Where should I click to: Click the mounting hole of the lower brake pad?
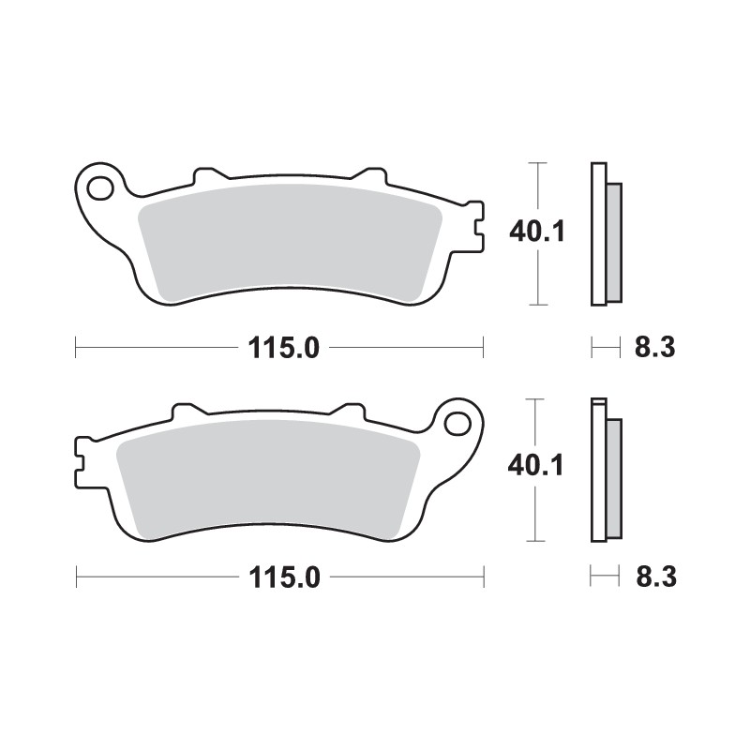458,422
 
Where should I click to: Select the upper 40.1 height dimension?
536,231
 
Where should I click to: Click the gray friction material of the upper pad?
291,244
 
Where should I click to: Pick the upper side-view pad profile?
605,234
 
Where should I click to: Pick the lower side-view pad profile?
605,471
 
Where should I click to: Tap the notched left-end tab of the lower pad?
83,461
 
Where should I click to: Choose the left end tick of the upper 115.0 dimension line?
76,348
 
